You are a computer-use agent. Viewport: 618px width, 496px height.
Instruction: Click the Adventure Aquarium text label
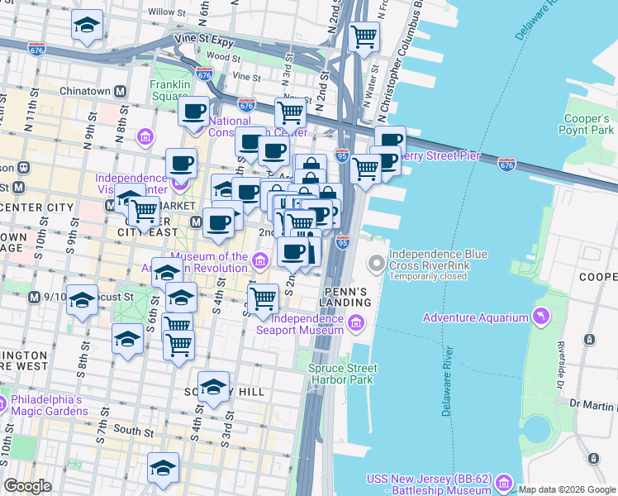[x=475, y=317]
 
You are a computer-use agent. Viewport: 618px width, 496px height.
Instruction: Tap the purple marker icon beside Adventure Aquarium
[x=540, y=317]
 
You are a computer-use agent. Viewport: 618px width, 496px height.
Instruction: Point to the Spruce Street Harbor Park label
[x=343, y=374]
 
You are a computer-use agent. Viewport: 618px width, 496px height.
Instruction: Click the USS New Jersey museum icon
[x=506, y=481]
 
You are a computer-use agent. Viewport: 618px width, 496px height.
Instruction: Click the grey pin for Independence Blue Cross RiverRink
[x=377, y=264]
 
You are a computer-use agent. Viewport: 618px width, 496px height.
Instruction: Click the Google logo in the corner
[x=27, y=485]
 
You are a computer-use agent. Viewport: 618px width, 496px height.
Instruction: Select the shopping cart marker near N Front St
[x=364, y=36]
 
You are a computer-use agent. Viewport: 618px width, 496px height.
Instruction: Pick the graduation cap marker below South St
[x=163, y=467]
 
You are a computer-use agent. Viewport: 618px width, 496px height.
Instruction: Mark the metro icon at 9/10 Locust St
[x=34, y=297]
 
